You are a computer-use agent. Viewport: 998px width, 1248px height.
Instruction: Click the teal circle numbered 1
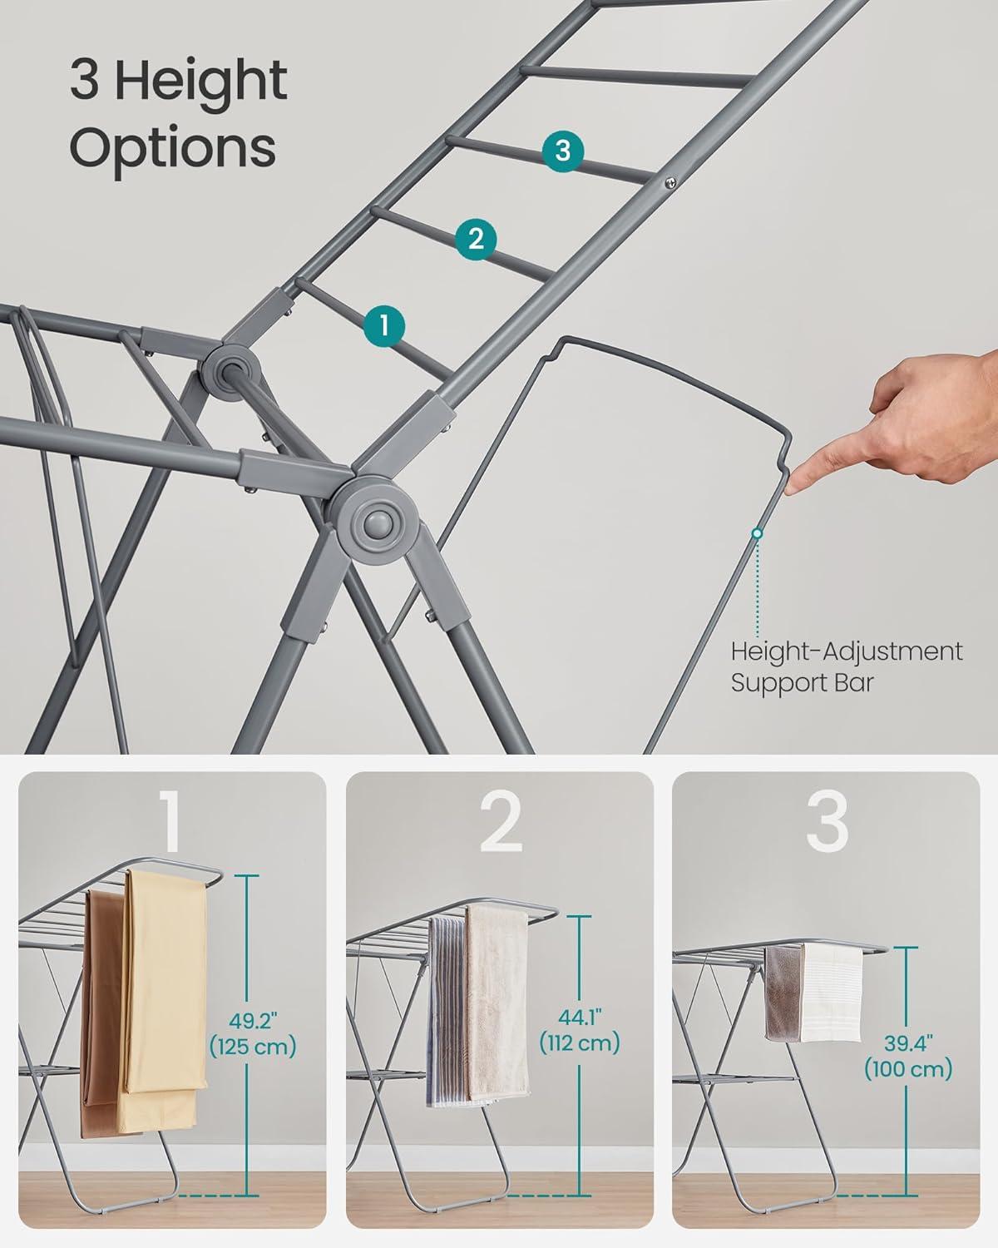(x=384, y=326)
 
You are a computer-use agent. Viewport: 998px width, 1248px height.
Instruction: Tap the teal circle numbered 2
(x=476, y=239)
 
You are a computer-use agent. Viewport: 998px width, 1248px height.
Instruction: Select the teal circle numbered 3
(x=563, y=151)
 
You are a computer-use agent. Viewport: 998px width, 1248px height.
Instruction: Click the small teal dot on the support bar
(x=757, y=533)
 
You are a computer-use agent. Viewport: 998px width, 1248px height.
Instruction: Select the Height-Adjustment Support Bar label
(x=847, y=667)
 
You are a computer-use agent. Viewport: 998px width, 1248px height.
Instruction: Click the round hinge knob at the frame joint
(x=379, y=523)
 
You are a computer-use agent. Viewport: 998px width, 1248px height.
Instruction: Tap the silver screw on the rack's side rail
(x=671, y=183)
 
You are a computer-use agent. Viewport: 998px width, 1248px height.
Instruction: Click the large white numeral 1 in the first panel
(x=170, y=822)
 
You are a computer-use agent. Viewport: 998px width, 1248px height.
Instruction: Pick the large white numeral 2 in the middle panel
(x=501, y=822)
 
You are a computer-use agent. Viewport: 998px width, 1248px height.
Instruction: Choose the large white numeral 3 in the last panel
(x=827, y=822)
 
